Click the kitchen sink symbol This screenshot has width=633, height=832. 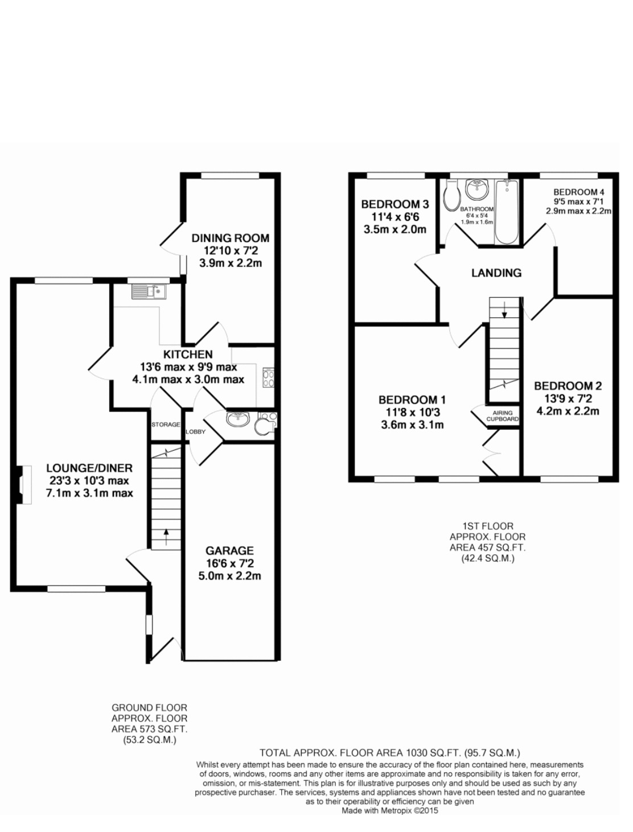click(149, 292)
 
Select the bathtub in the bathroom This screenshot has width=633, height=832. click(505, 212)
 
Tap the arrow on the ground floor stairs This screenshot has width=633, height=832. click(166, 536)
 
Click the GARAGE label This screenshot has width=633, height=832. click(229, 550)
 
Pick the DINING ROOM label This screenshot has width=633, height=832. click(230, 238)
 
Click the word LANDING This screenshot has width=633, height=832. click(496, 273)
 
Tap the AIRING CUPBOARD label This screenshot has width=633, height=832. click(503, 416)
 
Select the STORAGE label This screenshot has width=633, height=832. click(166, 425)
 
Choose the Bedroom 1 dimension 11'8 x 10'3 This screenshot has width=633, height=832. click(412, 412)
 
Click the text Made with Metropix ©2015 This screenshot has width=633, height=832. click(390, 810)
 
